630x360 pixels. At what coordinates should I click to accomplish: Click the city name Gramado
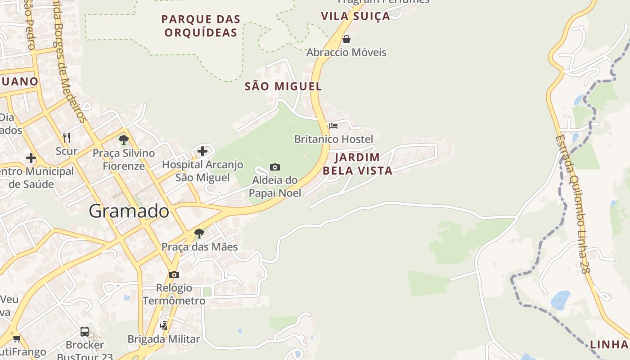click(x=129, y=211)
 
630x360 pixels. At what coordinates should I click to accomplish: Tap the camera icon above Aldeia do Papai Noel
click(x=275, y=167)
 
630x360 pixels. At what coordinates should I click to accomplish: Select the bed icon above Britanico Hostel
click(x=333, y=126)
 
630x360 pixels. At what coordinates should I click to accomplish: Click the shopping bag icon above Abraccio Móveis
click(x=346, y=39)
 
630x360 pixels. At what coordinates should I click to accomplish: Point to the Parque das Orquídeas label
click(x=201, y=26)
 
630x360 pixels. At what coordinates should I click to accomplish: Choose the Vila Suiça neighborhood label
click(x=355, y=16)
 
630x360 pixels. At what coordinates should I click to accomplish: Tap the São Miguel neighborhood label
click(x=283, y=86)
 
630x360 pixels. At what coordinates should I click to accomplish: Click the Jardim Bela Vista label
click(x=357, y=164)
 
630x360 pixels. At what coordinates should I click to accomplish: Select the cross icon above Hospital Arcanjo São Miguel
click(x=202, y=151)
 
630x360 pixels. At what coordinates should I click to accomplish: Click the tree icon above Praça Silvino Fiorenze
click(x=124, y=140)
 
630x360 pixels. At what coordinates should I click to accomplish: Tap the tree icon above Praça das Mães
click(x=199, y=234)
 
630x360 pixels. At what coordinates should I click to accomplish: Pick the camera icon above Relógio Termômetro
click(x=174, y=274)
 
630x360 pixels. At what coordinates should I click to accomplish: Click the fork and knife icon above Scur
click(x=67, y=137)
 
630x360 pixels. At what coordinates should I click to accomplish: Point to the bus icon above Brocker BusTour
click(x=85, y=332)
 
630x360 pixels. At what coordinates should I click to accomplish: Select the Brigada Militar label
click(x=163, y=339)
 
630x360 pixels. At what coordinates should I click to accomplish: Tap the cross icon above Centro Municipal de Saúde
click(x=31, y=158)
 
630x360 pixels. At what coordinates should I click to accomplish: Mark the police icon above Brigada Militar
click(x=164, y=325)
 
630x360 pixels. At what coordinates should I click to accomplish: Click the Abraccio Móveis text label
click(x=346, y=52)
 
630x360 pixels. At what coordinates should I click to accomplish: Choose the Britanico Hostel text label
click(x=333, y=139)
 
